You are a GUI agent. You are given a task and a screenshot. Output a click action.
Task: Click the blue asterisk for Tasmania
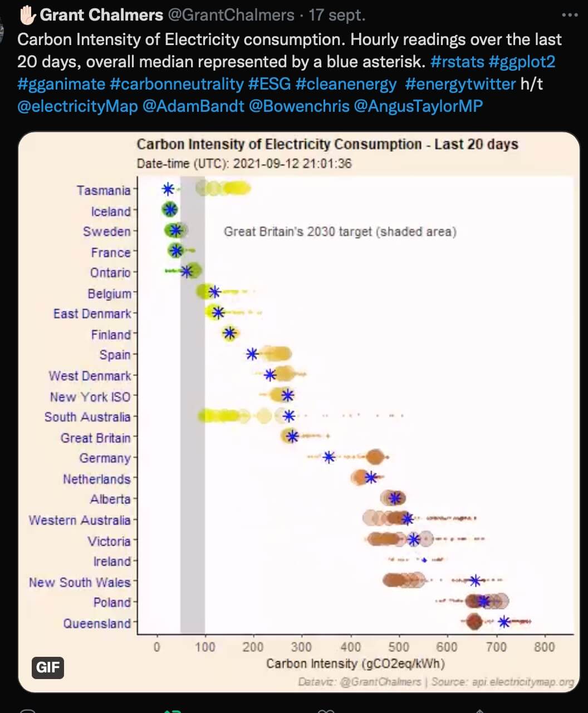click(x=168, y=189)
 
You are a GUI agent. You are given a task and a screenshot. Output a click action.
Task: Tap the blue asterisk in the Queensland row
click(x=504, y=622)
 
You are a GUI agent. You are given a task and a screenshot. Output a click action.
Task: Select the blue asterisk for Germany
click(x=329, y=457)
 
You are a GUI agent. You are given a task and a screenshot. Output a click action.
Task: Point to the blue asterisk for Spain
click(x=252, y=354)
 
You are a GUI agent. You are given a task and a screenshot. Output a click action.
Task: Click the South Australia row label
click(x=87, y=417)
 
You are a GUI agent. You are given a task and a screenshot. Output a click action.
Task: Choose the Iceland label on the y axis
click(x=111, y=211)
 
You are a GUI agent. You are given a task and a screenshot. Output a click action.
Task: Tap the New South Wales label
click(x=80, y=582)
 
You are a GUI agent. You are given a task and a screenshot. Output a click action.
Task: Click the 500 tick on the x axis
click(x=399, y=647)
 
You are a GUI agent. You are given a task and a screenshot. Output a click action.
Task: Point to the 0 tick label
click(x=157, y=647)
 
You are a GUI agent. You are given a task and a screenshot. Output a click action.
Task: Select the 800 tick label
click(x=544, y=647)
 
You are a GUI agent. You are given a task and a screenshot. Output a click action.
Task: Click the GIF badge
click(x=48, y=667)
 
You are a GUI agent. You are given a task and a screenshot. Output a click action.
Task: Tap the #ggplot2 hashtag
click(x=522, y=61)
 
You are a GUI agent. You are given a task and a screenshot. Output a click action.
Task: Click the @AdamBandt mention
click(x=193, y=106)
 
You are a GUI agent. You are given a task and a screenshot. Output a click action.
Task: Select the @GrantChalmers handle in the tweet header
click(x=231, y=15)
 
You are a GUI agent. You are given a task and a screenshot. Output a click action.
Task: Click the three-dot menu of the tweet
click(x=570, y=15)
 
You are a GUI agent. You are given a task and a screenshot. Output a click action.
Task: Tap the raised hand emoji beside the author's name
click(x=27, y=15)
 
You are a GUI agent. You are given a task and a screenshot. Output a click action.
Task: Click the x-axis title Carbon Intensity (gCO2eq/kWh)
click(x=355, y=664)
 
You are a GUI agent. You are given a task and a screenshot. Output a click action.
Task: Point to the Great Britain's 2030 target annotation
click(x=340, y=231)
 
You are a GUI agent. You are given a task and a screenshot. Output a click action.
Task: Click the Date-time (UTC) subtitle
click(x=244, y=164)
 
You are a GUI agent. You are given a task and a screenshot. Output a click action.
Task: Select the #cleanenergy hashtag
click(x=346, y=84)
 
